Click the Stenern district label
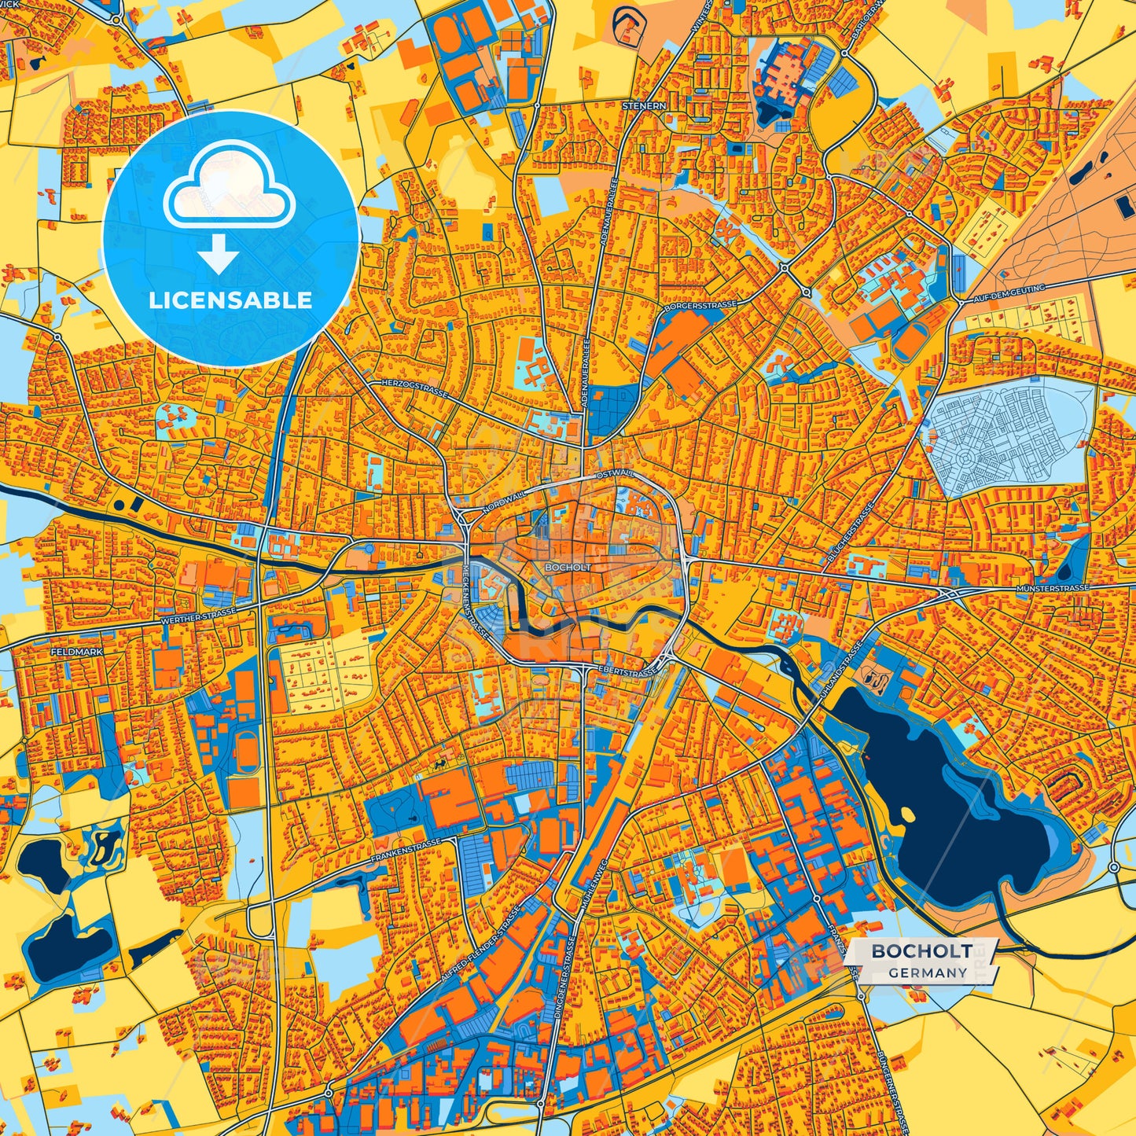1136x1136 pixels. pos(644,105)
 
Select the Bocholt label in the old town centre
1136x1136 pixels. pos(567,567)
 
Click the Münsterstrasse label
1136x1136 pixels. pos(1052,588)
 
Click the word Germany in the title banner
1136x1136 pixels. pos(928,972)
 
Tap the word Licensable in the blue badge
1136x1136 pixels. pos(230,300)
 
